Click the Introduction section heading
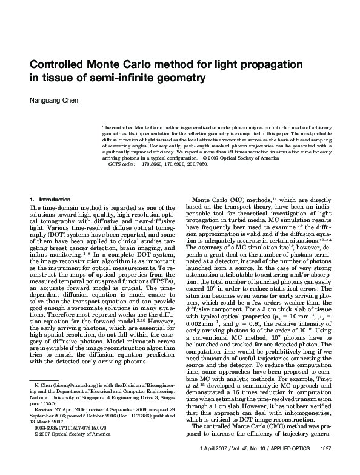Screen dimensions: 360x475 [56, 200]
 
